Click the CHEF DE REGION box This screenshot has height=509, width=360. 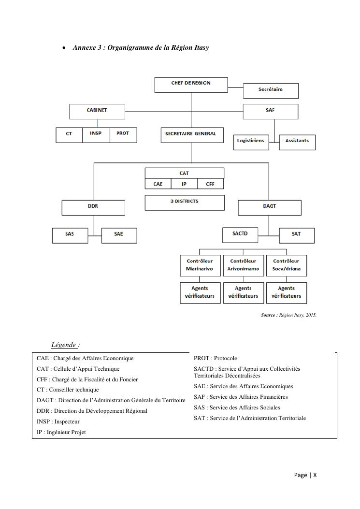191,85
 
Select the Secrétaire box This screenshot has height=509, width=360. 271,90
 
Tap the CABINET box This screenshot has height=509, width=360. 97,111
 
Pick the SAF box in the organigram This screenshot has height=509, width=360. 270,111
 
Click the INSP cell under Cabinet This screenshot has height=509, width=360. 96,135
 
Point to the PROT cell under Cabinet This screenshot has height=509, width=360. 123,135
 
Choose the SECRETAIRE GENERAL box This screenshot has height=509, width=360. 192,135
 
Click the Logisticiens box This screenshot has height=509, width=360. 251,142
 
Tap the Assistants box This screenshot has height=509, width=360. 297,142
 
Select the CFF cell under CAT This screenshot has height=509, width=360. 210,184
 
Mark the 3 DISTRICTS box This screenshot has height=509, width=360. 185,203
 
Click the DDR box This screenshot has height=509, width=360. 93,208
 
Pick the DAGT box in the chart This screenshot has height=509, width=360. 270,208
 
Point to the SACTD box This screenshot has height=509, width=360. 240,235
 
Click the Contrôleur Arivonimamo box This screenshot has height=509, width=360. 243,265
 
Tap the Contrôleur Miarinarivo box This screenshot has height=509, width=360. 200,265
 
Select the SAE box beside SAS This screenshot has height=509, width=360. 119,235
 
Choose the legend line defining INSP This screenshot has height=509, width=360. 58,422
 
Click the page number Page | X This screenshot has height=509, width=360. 305,475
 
